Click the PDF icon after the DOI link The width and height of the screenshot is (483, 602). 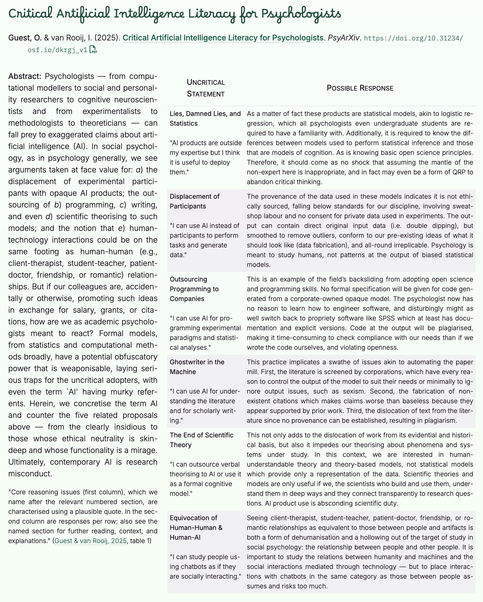(x=93, y=50)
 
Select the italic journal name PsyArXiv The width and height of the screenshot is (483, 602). (x=344, y=38)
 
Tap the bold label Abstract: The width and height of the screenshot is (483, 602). (x=25, y=76)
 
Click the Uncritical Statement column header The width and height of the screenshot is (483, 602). (x=206, y=88)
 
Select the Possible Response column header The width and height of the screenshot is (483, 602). (x=360, y=88)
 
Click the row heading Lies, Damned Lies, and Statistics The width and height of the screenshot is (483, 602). (x=205, y=118)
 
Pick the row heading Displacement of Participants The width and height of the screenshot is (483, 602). (x=195, y=201)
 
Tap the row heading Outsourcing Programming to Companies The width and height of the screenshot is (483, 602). (x=194, y=289)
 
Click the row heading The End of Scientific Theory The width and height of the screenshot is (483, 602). (x=201, y=440)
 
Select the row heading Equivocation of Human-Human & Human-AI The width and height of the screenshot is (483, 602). (x=196, y=527)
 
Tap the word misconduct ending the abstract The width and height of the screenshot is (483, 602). (x=30, y=474)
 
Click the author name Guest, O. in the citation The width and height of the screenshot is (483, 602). (x=25, y=38)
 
